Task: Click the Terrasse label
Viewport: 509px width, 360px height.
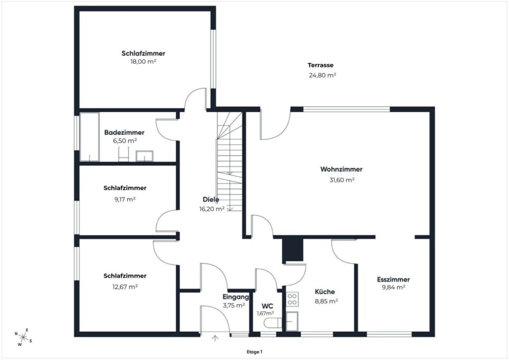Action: tap(321, 65)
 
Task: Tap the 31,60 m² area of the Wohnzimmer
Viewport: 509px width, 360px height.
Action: tap(341, 180)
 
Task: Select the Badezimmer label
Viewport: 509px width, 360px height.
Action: tap(124, 132)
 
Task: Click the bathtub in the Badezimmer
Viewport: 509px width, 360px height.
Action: tap(89, 137)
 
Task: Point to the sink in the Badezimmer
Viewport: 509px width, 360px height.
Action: tap(145, 156)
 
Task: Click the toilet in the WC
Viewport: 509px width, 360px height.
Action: tap(273, 323)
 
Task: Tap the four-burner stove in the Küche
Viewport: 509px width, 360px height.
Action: tap(292, 299)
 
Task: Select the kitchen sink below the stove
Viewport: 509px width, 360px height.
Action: tap(292, 321)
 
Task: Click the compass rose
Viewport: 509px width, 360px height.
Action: tap(23, 337)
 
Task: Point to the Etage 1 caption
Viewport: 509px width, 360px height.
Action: tap(254, 352)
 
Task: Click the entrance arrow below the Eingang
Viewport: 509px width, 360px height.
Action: tap(215, 338)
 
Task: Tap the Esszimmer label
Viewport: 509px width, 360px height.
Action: tap(394, 279)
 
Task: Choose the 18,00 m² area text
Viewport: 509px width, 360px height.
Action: tap(143, 62)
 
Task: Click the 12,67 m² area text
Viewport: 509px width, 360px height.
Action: tap(125, 287)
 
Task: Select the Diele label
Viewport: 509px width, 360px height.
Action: tap(211, 199)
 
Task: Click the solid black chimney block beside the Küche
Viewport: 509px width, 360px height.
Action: tap(292, 250)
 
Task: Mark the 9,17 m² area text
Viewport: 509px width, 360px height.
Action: tap(125, 199)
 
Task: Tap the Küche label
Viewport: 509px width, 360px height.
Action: tap(325, 292)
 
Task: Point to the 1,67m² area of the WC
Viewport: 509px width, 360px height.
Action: tap(265, 313)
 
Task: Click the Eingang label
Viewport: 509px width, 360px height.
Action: tap(236, 297)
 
